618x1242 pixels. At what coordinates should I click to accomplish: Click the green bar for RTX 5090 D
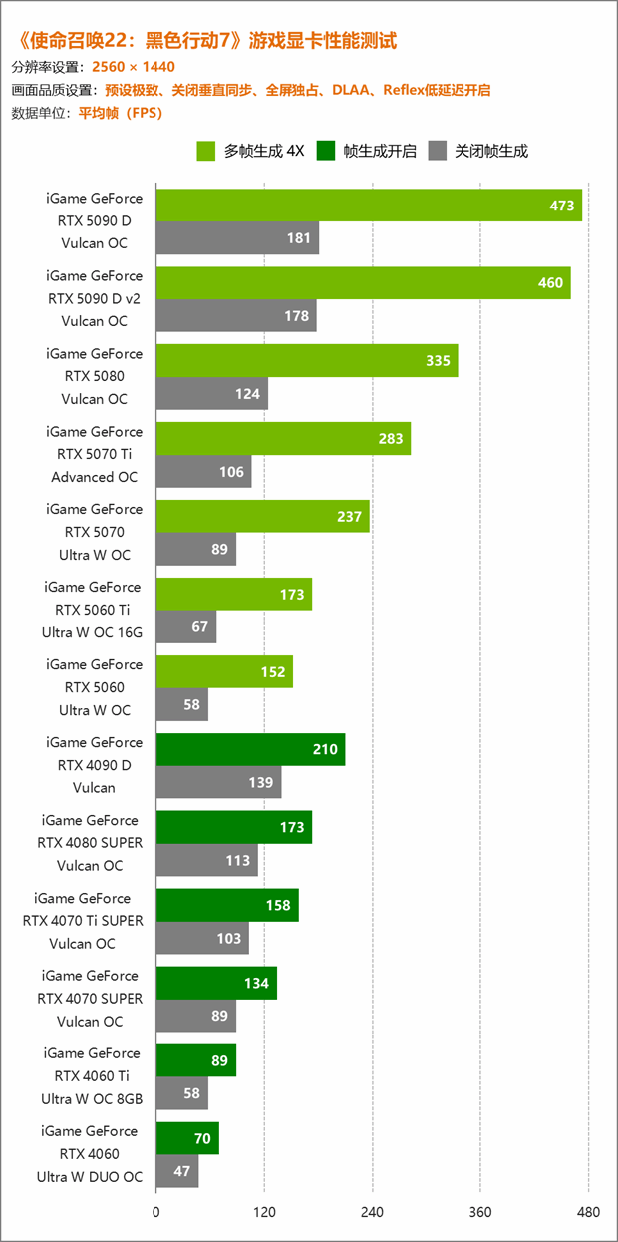pos(369,206)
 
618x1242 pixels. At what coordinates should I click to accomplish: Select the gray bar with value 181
pos(237,238)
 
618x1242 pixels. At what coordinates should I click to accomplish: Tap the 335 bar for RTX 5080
pos(307,361)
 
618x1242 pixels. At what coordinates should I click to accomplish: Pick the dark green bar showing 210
pos(250,749)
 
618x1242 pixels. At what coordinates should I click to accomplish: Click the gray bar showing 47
pos(177,1171)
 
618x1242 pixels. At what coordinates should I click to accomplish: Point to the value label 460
pos(550,283)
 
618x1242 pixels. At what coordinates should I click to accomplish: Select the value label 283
pos(393,439)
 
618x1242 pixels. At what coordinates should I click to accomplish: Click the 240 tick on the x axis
pos(373,1212)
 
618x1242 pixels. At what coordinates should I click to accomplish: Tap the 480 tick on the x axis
pos(588,1212)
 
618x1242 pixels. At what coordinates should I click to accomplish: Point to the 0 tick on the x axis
pos(156,1212)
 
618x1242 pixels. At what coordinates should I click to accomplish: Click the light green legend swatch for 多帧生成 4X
pos(206,152)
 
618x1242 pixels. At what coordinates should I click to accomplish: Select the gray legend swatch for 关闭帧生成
pos(437,152)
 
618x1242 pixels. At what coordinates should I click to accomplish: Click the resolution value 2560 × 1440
pos(134,67)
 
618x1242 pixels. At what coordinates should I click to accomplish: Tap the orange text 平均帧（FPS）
pos(120,113)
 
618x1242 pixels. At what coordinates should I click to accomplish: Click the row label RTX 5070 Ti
pos(95,454)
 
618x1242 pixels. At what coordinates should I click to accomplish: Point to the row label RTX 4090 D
pos(95,765)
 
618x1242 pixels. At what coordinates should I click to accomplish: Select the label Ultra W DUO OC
pos(90,1177)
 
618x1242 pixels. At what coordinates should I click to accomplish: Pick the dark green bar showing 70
pos(187,1138)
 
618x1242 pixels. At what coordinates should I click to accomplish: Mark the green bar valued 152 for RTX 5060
pos(224,671)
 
